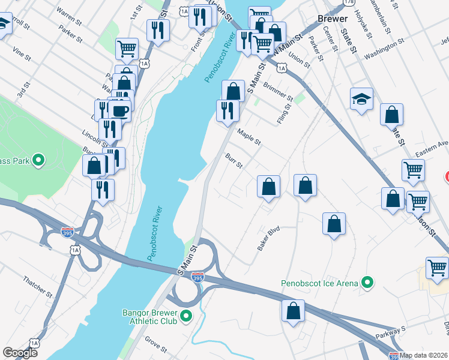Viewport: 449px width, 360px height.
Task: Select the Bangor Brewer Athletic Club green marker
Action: (x=185, y=316)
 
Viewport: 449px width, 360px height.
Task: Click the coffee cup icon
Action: (x=120, y=111)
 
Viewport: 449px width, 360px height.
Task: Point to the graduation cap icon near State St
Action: (x=361, y=99)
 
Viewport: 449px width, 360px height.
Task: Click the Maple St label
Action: (x=249, y=137)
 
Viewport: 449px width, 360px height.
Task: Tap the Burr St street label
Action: (x=234, y=161)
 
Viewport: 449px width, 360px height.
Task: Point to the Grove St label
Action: (x=155, y=346)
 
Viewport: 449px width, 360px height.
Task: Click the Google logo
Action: (x=20, y=353)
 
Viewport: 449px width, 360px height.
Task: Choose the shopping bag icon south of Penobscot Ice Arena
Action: (x=293, y=311)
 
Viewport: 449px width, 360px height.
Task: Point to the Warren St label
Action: (x=68, y=14)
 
